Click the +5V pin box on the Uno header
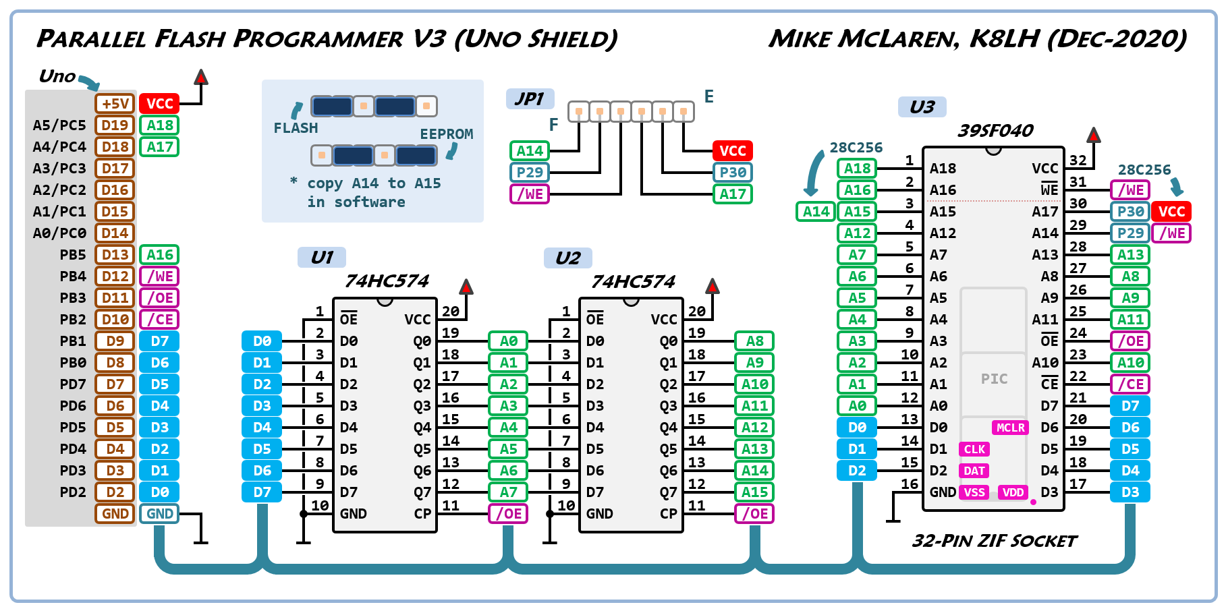tap(115, 103)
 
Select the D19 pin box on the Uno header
tap(115, 125)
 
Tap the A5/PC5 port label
tap(59, 125)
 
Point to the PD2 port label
tap(73, 492)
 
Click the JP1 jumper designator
tap(530, 99)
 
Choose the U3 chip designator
tap(922, 107)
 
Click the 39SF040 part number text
tap(995, 131)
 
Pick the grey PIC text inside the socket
tap(994, 379)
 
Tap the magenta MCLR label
tap(1010, 428)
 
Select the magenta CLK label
tap(974, 449)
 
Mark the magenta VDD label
tap(1013, 492)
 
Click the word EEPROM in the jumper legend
tap(447, 134)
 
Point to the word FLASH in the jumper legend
tap(296, 128)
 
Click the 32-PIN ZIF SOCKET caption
tap(994, 541)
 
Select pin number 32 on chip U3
tap(1078, 161)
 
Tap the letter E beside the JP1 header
tap(708, 96)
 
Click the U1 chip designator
tap(322, 258)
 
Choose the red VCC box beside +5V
tap(159, 103)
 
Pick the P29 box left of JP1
tap(530, 172)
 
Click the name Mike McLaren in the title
tap(864, 38)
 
